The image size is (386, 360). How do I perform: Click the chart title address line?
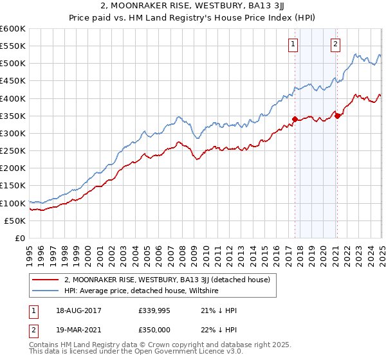tap(193, 7)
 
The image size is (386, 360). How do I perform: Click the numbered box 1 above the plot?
tap(293, 44)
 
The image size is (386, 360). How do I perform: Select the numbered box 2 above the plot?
tap(336, 44)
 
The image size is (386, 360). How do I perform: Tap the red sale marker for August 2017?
tap(295, 119)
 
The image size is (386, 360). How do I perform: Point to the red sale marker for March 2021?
tap(337, 116)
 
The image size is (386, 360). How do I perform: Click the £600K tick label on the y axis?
tap(13, 29)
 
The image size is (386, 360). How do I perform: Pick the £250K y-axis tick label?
tap(13, 150)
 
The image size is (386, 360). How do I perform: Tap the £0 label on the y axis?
tap(21, 238)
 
